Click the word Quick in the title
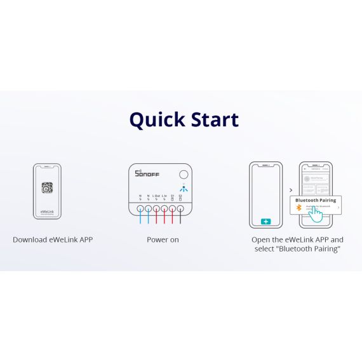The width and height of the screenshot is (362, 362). click(156, 119)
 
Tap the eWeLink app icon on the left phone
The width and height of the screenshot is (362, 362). click(47, 187)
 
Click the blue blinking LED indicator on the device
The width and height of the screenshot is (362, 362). click(183, 188)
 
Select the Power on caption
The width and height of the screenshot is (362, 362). click(163, 240)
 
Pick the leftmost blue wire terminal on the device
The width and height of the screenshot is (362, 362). click(140, 208)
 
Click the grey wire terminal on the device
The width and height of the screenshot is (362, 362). click(180, 208)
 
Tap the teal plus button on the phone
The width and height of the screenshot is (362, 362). click(265, 222)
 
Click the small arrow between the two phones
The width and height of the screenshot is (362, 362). click(291, 190)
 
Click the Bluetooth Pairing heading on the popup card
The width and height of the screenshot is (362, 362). click(316, 200)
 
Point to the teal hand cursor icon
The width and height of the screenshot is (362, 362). click(316, 214)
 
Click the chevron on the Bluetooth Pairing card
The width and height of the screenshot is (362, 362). click(339, 208)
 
